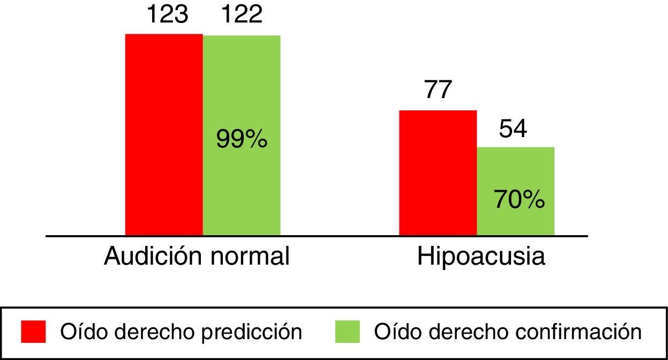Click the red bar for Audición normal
[164, 134]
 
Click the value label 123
[167, 14]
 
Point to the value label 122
[241, 14]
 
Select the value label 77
[438, 90]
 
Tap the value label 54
[513, 130]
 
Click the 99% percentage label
[242, 140]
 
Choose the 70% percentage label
[519, 200]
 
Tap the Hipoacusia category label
[481, 257]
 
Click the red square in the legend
[33, 332]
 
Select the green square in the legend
[348, 332]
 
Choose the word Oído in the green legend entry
[391, 332]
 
